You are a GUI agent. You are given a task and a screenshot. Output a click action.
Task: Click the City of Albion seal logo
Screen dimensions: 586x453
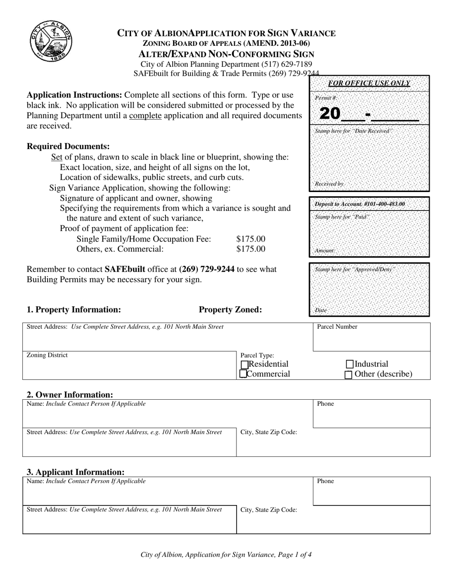[51, 41]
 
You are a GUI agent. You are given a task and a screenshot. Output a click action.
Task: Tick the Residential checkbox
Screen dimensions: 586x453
[245, 364]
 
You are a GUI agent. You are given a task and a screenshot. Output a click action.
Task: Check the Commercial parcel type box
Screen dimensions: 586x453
[244, 374]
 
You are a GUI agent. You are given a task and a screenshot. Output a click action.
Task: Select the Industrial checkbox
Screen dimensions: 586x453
[350, 364]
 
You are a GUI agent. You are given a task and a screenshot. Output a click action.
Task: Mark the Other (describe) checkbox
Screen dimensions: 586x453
[349, 374]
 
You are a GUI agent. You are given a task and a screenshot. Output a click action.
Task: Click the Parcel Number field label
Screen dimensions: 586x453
[337, 327]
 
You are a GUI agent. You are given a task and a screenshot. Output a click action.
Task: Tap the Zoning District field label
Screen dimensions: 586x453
[47, 355]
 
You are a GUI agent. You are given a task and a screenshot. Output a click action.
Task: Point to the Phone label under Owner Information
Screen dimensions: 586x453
[326, 404]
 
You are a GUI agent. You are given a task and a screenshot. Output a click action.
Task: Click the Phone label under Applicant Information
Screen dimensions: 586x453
[326, 481]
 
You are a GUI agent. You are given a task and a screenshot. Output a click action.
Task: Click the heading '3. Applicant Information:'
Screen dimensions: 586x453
[75, 472]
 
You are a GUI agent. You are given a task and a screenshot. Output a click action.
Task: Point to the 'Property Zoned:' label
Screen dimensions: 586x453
[230, 310]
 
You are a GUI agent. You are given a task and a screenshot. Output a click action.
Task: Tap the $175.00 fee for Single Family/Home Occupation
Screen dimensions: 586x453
[251, 239]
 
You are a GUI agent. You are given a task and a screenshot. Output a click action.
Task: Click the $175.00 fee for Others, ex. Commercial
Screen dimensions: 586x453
[251, 249]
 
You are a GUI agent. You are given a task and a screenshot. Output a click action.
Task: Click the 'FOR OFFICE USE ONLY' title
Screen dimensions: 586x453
[369, 83]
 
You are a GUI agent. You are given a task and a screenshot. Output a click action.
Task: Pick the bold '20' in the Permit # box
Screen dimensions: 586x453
[330, 113]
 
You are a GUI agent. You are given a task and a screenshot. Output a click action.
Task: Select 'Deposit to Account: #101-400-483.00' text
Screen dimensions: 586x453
[360, 204]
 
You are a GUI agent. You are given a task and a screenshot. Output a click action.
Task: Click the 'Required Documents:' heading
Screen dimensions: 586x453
[68, 146]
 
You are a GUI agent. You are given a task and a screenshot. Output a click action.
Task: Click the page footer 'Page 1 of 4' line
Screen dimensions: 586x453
[226, 555]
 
